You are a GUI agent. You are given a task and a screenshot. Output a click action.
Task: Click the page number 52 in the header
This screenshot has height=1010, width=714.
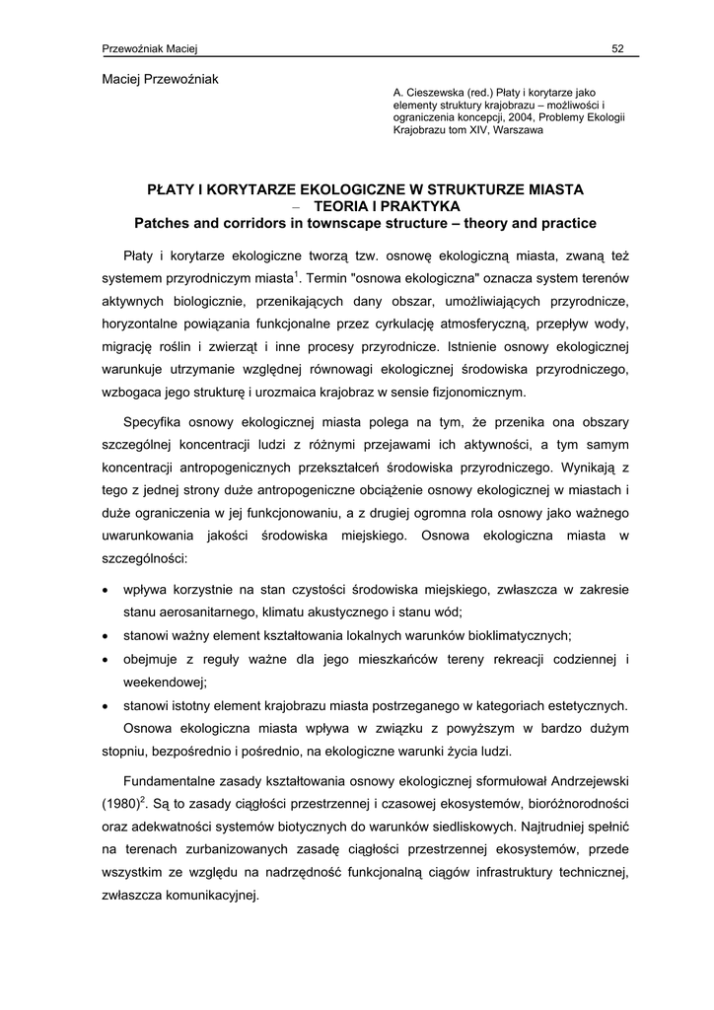click(618, 49)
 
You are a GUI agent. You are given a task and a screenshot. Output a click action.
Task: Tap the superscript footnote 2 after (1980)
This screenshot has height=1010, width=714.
click(143, 798)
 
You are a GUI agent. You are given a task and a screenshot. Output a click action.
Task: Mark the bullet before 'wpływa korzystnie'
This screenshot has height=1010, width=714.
click(107, 590)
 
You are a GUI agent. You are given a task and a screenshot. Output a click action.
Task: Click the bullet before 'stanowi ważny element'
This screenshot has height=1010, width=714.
click(107, 637)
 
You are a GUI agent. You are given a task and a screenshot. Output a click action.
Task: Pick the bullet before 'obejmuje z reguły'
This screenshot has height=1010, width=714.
click(107, 660)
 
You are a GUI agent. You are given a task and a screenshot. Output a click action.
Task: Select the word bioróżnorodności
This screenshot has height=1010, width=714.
click(572, 803)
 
